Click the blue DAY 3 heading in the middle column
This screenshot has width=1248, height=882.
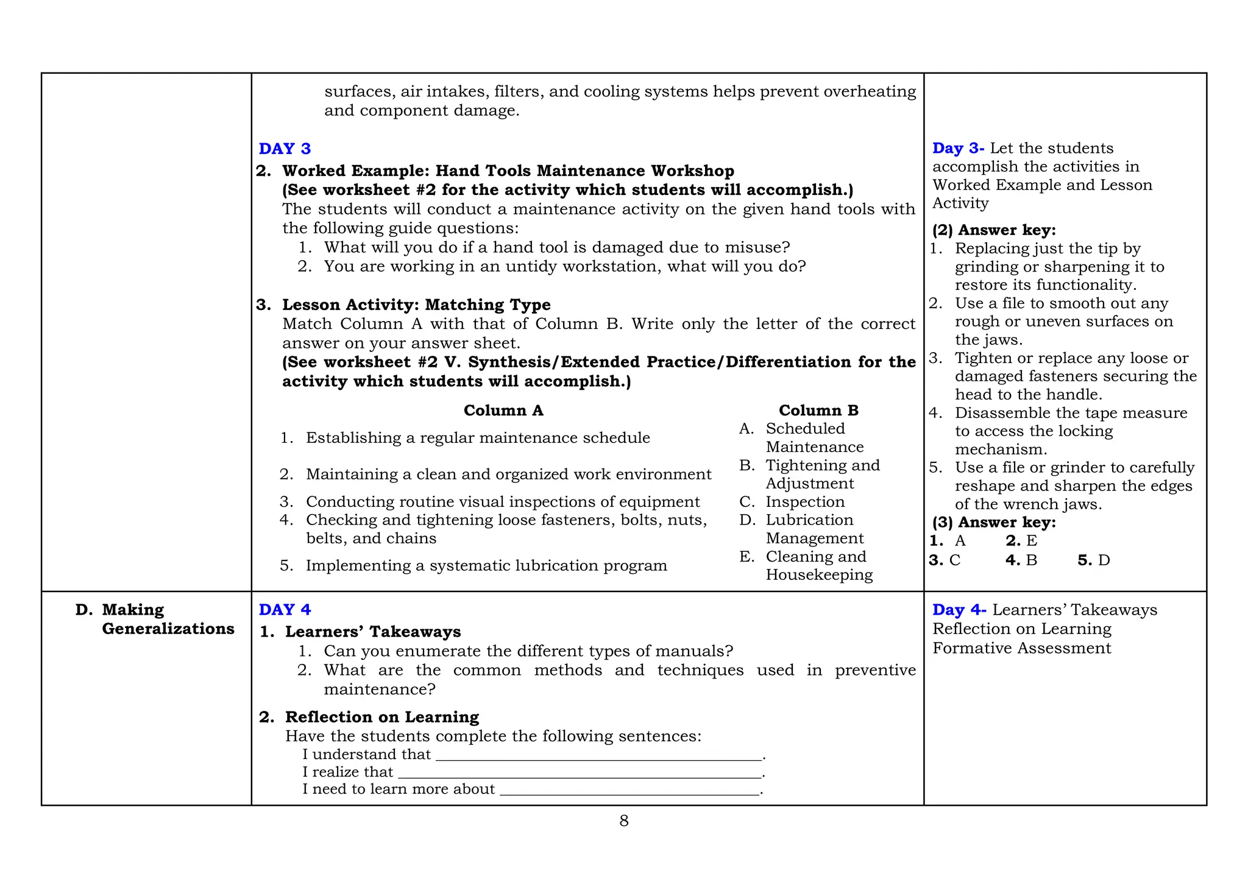point(285,149)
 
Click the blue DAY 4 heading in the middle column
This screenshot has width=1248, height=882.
point(285,610)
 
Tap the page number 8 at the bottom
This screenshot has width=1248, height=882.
point(623,821)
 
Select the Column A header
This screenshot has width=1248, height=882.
point(503,411)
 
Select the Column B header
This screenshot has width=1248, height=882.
point(818,411)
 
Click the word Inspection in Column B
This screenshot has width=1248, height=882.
point(804,502)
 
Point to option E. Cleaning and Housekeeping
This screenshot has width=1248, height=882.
point(815,565)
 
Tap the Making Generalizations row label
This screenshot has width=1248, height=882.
point(167,619)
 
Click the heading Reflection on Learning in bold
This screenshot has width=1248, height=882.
point(381,717)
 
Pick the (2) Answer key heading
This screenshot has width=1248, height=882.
point(993,230)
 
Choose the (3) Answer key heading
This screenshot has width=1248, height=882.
point(993,523)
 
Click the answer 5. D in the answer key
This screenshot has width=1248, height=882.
point(1093,560)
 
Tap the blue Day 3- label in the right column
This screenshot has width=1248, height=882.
point(958,148)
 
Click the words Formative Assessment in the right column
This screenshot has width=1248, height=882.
point(1021,648)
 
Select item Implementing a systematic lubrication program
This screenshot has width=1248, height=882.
point(486,566)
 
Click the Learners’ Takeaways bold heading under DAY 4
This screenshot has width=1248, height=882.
point(372,632)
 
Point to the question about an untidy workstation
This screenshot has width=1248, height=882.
point(564,267)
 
